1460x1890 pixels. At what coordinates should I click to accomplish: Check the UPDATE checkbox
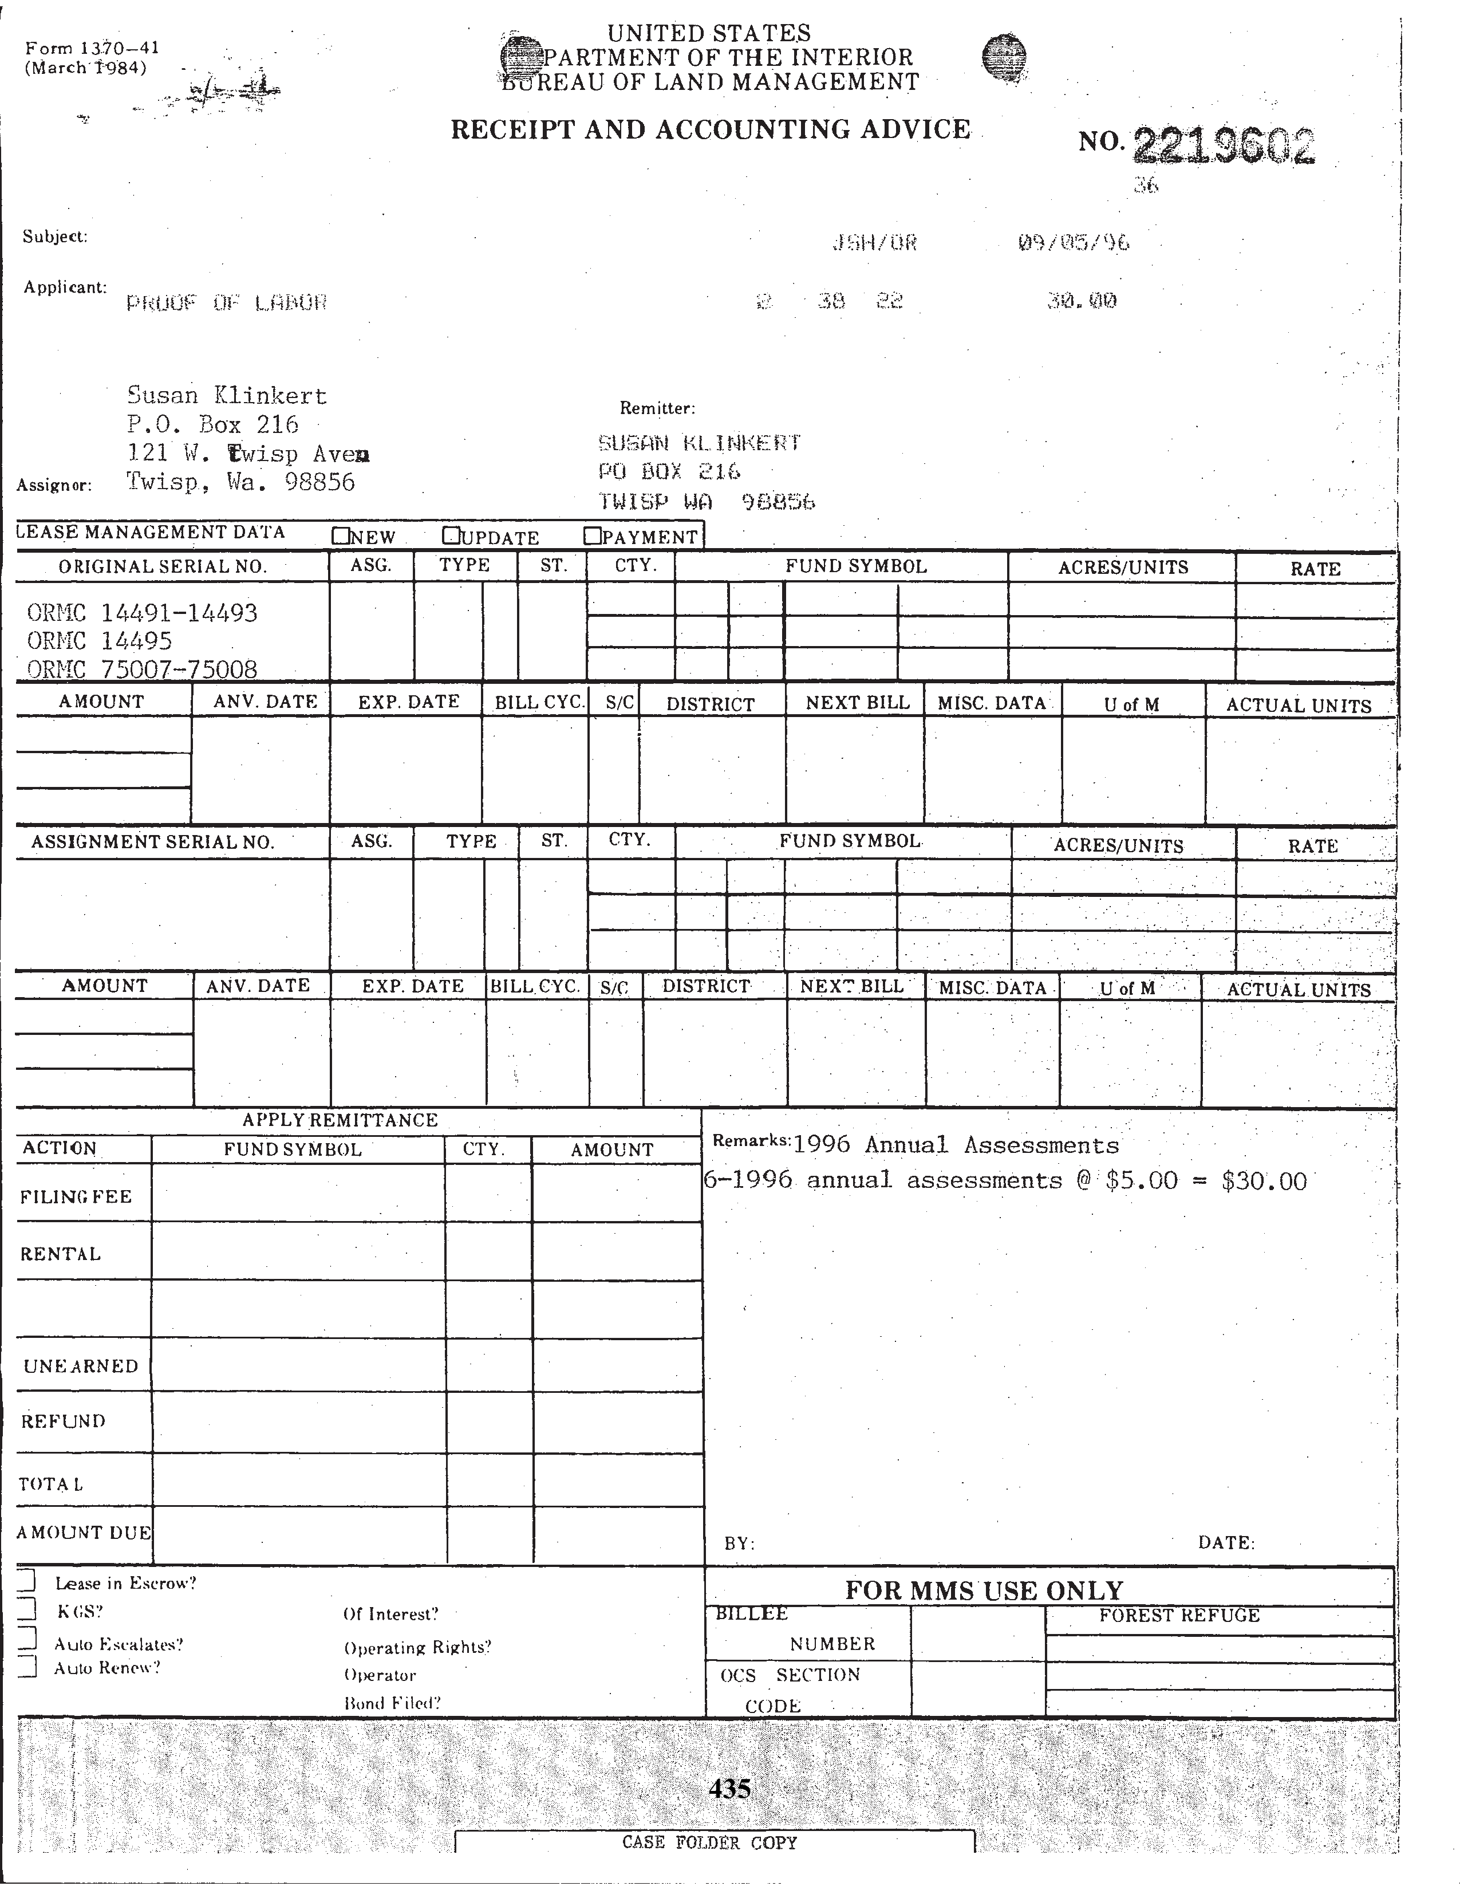pyautogui.click(x=451, y=535)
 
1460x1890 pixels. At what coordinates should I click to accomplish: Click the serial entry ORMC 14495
pyautogui.click(x=100, y=641)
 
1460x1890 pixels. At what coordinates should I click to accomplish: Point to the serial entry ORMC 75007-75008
pyautogui.click(x=142, y=669)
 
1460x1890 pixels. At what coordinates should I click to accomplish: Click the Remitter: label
pyautogui.click(x=657, y=408)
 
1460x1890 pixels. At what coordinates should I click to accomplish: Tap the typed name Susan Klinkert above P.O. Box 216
pyautogui.click(x=227, y=396)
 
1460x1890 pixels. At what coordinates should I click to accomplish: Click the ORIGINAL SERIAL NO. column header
pyautogui.click(x=163, y=567)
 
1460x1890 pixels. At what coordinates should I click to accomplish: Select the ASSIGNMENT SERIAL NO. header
pyautogui.click(x=152, y=842)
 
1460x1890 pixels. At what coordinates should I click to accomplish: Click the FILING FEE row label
pyautogui.click(x=76, y=1197)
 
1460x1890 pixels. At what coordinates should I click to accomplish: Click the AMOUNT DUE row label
pyautogui.click(x=84, y=1533)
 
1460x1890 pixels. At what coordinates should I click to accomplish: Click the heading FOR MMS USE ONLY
pyautogui.click(x=984, y=1590)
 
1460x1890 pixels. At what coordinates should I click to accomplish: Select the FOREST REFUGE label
pyautogui.click(x=1179, y=1616)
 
